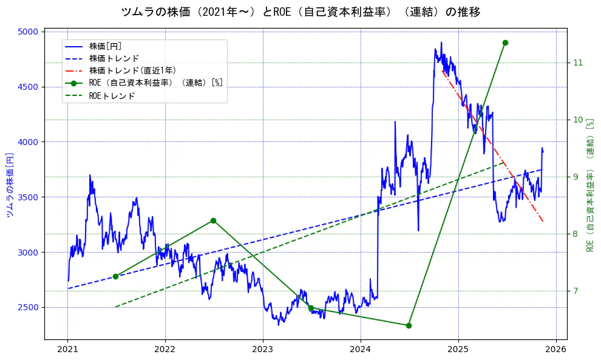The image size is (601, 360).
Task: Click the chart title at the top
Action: tap(300, 12)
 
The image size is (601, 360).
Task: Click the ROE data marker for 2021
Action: tap(115, 276)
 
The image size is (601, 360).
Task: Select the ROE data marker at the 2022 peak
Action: tap(213, 220)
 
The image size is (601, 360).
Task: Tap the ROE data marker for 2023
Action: tap(311, 308)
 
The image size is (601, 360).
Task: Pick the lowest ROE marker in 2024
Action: tap(409, 325)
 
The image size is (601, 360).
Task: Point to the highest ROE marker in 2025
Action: tap(505, 42)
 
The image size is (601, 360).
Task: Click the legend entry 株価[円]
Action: tap(106, 46)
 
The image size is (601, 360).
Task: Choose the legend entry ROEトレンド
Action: tap(112, 95)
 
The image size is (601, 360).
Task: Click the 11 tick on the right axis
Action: tap(577, 63)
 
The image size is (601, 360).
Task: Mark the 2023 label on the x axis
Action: tap(263, 349)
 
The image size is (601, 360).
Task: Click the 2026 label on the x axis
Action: tap(555, 349)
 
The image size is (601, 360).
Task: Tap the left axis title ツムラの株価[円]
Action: tap(10, 185)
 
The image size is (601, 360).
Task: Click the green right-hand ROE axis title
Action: tap(589, 185)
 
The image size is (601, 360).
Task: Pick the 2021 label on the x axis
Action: tap(67, 349)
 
